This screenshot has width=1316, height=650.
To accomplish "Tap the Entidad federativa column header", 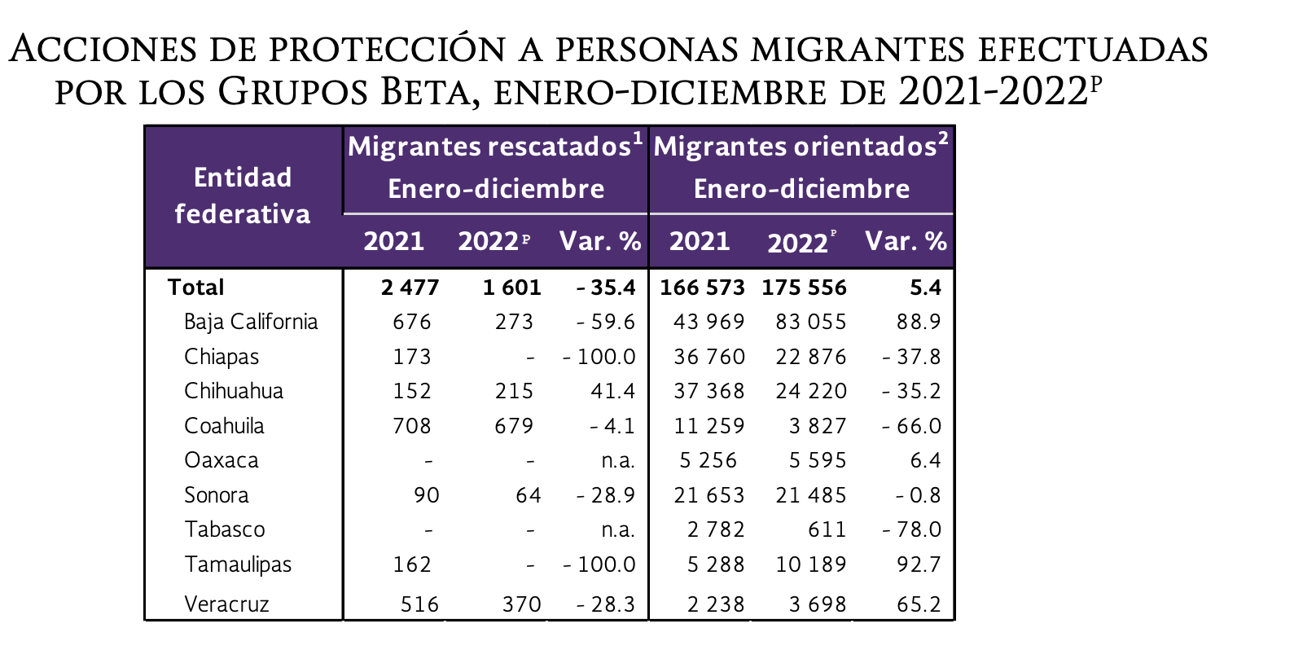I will pyautogui.click(x=243, y=195).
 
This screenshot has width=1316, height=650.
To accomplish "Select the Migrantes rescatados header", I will pyautogui.click(x=489, y=147).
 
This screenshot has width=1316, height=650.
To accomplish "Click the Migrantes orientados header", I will pyautogui.click(x=795, y=147).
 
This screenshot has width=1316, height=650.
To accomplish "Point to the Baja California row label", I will pyautogui.click(x=251, y=322).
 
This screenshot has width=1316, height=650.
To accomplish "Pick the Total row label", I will pyautogui.click(x=195, y=288).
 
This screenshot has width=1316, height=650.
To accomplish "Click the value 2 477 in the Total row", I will pyautogui.click(x=410, y=288).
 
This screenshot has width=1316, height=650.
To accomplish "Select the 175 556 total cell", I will pyautogui.click(x=805, y=288).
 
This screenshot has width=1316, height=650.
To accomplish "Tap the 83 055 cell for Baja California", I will pyautogui.click(x=811, y=322).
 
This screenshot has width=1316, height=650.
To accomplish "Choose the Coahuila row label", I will pyautogui.click(x=224, y=426).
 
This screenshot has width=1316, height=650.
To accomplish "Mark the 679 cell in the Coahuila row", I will pyautogui.click(x=514, y=426).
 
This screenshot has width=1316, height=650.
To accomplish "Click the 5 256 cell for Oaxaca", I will pyautogui.click(x=708, y=460).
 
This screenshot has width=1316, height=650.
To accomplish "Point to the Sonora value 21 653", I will pyautogui.click(x=709, y=495).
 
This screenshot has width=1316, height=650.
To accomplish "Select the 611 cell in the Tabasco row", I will pyautogui.click(x=827, y=529).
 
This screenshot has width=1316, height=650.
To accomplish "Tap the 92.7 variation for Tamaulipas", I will pyautogui.click(x=919, y=564).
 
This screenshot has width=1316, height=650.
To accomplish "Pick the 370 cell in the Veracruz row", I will pyautogui.click(x=521, y=604).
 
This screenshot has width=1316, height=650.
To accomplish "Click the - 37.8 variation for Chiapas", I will pyautogui.click(x=911, y=357).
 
